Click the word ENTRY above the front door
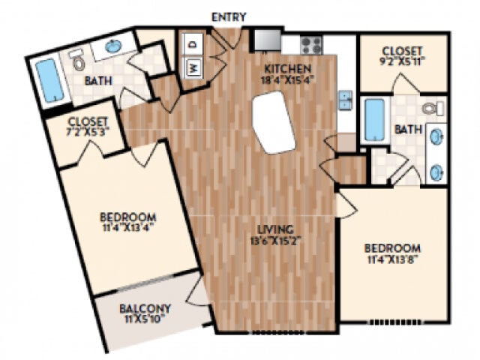(229, 16)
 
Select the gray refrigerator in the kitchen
(265, 38)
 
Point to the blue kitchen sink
(346, 100)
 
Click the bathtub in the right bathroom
(374, 118)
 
